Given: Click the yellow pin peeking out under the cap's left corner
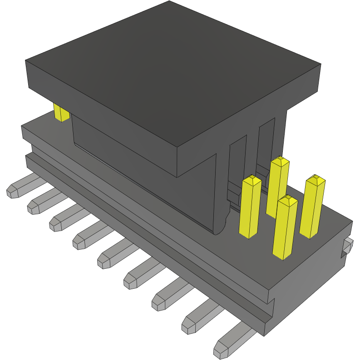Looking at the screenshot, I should click(60, 112).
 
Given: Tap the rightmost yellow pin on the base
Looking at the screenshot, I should click(313, 207).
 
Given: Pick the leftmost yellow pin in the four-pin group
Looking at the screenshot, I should click(251, 207).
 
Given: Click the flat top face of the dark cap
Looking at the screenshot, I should click(173, 73).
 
